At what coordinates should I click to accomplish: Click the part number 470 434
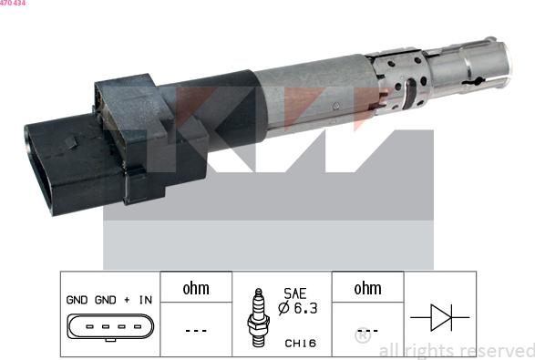13,3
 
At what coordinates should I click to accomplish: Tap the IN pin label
145,300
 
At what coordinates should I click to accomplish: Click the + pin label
127,300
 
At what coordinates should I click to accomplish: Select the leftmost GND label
77,300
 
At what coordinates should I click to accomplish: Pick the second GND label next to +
105,300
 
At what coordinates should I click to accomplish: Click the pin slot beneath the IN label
138,326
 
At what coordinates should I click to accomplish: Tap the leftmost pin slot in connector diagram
89,326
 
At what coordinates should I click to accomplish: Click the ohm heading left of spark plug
196,289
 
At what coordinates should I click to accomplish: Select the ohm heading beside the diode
367,289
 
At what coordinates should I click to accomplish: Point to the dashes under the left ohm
196,330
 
